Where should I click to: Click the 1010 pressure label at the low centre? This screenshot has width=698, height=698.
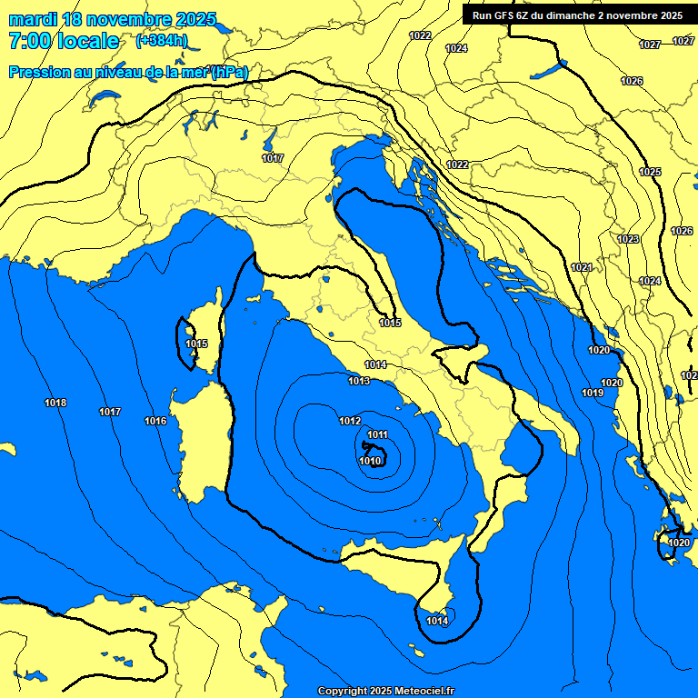point(370,461)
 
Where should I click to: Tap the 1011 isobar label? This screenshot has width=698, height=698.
point(378,434)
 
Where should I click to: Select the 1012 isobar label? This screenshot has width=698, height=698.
point(350,421)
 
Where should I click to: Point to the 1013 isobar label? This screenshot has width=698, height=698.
point(359,381)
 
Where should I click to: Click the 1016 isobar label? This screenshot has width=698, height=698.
point(155,421)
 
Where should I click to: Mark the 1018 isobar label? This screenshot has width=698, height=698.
point(55,403)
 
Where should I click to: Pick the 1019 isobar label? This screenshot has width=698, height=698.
point(593,393)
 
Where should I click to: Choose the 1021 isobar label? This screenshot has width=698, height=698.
point(582,267)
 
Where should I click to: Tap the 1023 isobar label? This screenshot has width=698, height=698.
point(628,239)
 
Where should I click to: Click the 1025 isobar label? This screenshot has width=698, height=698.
point(650,172)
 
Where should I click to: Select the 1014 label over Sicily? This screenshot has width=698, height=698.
point(437,621)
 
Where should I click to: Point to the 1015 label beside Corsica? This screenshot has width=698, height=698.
point(196,344)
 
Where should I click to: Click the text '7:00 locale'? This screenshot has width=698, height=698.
point(64,41)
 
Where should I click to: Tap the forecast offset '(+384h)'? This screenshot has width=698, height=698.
point(161,41)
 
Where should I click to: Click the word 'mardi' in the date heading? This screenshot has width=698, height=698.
point(33,19)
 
